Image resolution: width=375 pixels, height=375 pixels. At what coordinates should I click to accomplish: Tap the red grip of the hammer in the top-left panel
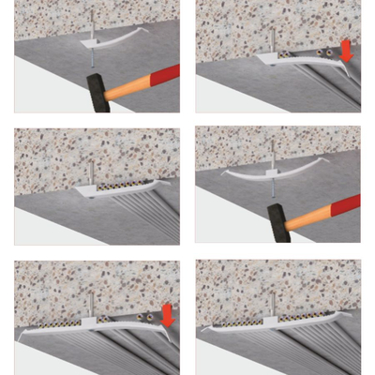point(159,79)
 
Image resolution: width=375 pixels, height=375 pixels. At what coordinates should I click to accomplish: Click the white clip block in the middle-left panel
point(87,189)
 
